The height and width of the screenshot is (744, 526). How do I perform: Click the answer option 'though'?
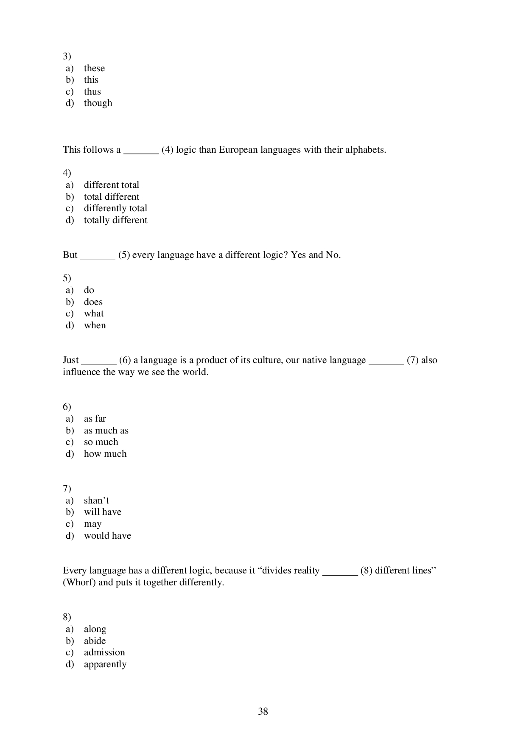pyautogui.click(x=98, y=103)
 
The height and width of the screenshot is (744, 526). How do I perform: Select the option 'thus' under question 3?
pyautogui.click(x=92, y=92)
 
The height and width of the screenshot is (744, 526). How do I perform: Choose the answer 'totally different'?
pyautogui.click(x=115, y=220)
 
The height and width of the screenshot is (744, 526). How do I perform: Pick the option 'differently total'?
pyautogui.click(x=115, y=208)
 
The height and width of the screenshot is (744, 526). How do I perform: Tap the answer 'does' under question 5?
pyautogui.click(x=93, y=302)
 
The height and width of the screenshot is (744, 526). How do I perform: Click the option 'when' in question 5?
pyautogui.click(x=95, y=325)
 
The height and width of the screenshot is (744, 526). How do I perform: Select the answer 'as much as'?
pyautogui.click(x=106, y=431)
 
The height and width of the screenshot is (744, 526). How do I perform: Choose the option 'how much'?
pyautogui.click(x=105, y=454)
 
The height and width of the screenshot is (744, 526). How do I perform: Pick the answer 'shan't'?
pyautogui.click(x=96, y=501)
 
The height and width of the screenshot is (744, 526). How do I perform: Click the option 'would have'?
pyautogui.click(x=107, y=536)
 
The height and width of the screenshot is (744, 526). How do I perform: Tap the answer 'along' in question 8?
pyautogui.click(x=95, y=629)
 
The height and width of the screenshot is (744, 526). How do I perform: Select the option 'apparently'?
pyautogui.click(x=105, y=664)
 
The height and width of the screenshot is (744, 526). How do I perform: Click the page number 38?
pyautogui.click(x=263, y=711)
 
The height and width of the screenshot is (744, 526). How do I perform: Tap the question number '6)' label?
pyautogui.click(x=67, y=407)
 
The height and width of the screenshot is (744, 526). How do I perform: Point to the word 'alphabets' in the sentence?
pyautogui.click(x=364, y=150)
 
